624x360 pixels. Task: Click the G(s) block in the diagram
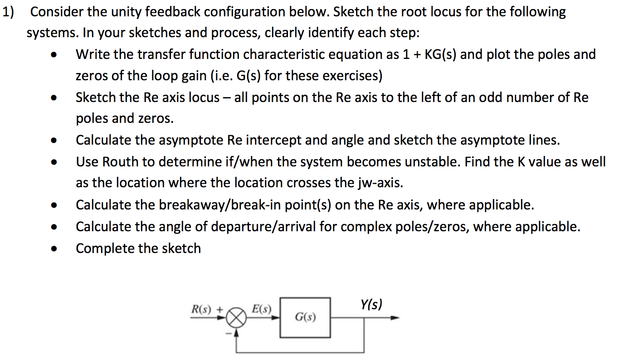coord(305,317)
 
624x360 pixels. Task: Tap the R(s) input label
coord(202,310)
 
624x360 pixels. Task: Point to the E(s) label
coord(261,310)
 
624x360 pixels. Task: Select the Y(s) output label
coord(371,304)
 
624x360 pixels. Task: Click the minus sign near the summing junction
coord(229,334)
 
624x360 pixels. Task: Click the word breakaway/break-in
coord(217,205)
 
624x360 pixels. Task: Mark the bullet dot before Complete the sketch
coord(54,249)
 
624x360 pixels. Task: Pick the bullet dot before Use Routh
coord(54,162)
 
